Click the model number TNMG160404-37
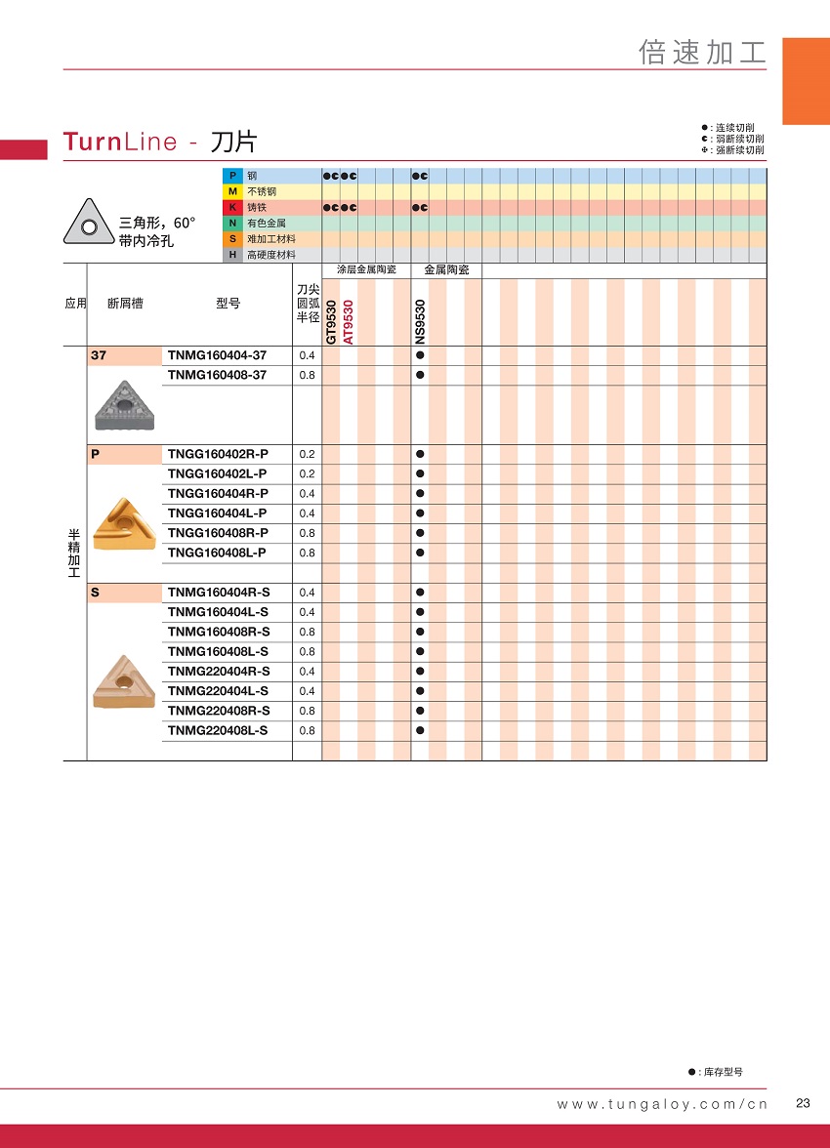[217, 355]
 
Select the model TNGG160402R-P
[218, 454]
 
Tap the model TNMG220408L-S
[218, 730]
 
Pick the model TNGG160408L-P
[217, 553]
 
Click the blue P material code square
[232, 176]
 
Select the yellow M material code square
[232, 191]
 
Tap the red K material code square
[232, 207]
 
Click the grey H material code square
[232, 255]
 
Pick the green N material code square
[232, 224]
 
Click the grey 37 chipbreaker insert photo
[124, 404]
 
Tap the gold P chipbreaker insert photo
[124, 523]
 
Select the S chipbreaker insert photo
[124, 681]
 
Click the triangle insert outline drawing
[89, 223]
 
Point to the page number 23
[804, 1103]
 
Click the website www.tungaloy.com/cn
[662, 1104]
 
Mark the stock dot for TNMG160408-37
[420, 375]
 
